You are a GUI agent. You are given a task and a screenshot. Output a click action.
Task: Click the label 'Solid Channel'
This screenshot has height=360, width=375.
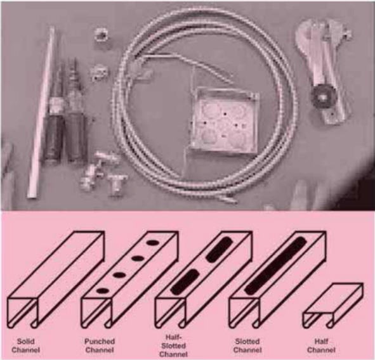tap(25, 345)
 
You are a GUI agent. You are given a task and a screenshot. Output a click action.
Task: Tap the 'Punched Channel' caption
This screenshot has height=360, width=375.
tap(100, 345)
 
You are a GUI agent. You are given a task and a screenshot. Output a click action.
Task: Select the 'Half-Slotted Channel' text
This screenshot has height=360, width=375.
tap(173, 345)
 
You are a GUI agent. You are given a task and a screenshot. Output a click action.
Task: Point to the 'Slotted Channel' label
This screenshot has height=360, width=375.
tap(247, 345)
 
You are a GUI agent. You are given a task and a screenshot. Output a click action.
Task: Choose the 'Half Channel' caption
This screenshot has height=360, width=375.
tap(321, 345)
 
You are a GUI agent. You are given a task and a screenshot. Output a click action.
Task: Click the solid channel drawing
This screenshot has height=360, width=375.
tap(56, 280)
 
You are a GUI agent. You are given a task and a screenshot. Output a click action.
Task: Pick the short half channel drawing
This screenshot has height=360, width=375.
tap(333, 305)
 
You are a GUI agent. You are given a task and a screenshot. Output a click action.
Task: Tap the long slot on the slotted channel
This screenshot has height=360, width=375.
tap(276, 266)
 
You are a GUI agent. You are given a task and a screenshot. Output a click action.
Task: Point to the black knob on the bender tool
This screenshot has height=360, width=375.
tap(322, 97)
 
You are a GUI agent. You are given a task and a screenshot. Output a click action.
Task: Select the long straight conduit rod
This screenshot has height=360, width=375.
tap(41, 112)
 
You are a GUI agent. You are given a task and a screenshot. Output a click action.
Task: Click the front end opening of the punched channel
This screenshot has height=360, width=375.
tap(96, 313)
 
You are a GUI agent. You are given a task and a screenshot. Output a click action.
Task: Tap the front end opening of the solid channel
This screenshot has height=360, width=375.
tap(22, 313)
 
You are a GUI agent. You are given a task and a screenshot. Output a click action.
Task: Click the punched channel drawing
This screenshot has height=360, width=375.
tap(130, 280)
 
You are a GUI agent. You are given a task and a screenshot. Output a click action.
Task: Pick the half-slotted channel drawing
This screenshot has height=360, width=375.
tap(204, 280)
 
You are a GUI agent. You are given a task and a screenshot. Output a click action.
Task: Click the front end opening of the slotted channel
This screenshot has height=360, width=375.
tap(244, 313)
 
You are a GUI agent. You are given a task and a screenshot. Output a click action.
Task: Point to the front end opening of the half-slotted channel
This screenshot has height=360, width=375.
tap(170, 313)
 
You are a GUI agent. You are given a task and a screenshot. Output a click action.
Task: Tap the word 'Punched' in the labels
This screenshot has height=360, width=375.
tap(100, 342)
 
